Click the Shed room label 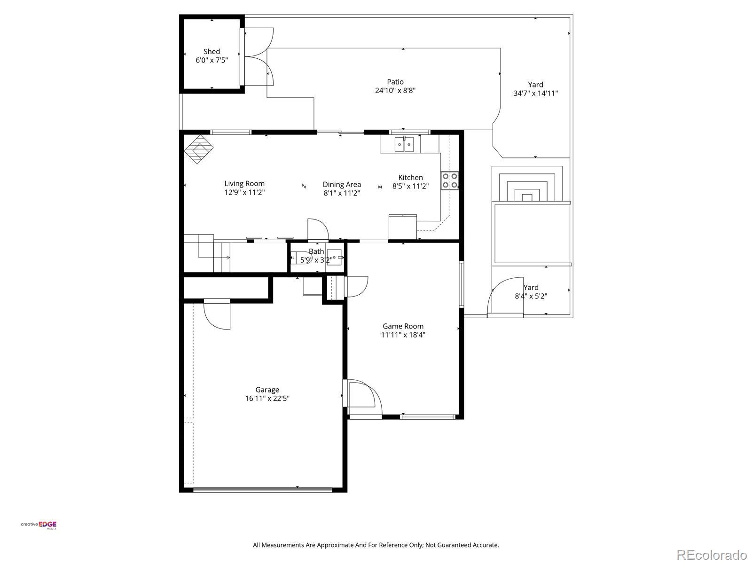[x=211, y=52]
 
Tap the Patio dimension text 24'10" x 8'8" [x=395, y=90]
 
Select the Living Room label [x=244, y=184]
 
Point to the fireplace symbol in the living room [x=199, y=149]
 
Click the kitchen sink [x=405, y=144]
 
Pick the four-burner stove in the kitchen [x=449, y=180]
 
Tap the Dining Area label [x=342, y=185]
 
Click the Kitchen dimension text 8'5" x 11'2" [x=410, y=186]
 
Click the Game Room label [x=403, y=326]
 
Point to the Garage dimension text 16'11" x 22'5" [x=267, y=398]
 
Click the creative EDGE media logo [x=39, y=525]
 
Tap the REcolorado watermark [x=712, y=555]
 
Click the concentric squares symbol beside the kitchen [x=527, y=184]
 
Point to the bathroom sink [x=334, y=257]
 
